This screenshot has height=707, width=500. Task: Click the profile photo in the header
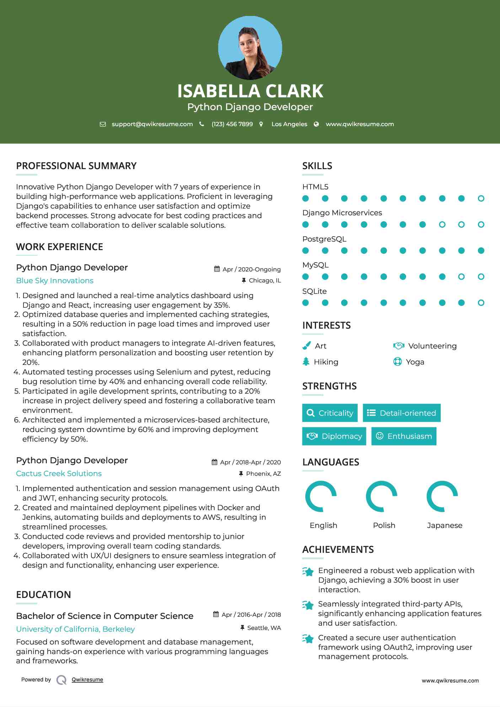pyautogui.click(x=250, y=48)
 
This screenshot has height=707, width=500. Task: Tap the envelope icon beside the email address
pyautogui.click(x=103, y=124)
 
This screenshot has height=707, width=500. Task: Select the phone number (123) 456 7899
pyautogui.click(x=232, y=124)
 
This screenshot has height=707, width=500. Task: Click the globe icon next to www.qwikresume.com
pyautogui.click(x=316, y=124)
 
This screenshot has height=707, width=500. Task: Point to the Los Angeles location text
pyautogui.click(x=289, y=124)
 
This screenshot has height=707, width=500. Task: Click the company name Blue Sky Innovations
pyautogui.click(x=55, y=281)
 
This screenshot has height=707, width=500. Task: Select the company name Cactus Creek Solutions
pyautogui.click(x=59, y=474)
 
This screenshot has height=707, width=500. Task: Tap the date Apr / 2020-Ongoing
pyautogui.click(x=251, y=269)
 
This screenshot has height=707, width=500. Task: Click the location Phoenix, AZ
pyautogui.click(x=263, y=474)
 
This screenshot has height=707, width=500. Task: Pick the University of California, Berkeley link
pyautogui.click(x=75, y=629)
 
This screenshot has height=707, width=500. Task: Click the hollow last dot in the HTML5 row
pyautogui.click(x=481, y=199)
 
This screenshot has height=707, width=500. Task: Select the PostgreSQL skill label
pyautogui.click(x=324, y=239)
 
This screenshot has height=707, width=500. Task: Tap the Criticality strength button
pyautogui.click(x=330, y=413)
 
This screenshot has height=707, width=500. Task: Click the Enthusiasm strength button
pyautogui.click(x=404, y=436)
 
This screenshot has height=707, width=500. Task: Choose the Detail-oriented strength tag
pyautogui.click(x=402, y=413)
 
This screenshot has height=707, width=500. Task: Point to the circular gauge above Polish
pyautogui.click(x=381, y=496)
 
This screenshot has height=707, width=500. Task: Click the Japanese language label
pyautogui.click(x=445, y=525)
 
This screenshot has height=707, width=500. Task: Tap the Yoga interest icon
pyautogui.click(x=397, y=362)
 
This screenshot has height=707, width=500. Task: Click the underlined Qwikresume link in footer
pyautogui.click(x=87, y=680)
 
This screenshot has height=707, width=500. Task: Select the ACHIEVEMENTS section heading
pyautogui.click(x=338, y=550)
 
